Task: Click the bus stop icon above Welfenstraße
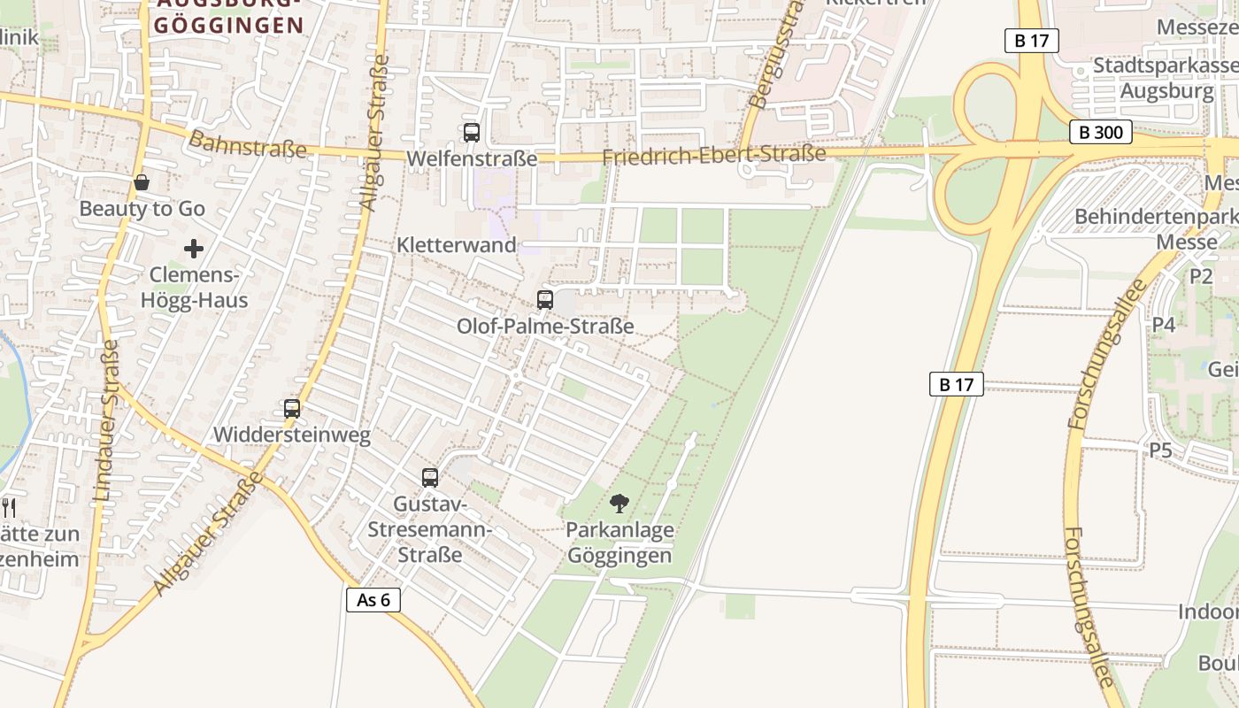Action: click(472, 133)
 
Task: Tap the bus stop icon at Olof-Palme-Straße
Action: click(545, 299)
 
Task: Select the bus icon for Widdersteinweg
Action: click(292, 409)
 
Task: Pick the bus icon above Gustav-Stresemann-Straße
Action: click(430, 478)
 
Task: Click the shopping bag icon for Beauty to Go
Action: click(142, 182)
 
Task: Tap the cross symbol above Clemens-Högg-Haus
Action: click(194, 249)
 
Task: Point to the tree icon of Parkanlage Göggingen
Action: click(619, 504)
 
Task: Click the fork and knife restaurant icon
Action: click(9, 507)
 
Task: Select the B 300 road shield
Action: click(1101, 133)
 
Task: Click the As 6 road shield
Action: click(373, 600)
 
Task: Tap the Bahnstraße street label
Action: click(248, 144)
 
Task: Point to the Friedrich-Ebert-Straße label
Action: click(713, 156)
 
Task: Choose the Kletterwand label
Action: click(457, 245)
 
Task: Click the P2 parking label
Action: click(1201, 276)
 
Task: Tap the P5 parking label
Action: click(1160, 450)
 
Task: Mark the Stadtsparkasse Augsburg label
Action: click(1166, 78)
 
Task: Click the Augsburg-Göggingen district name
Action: click(228, 18)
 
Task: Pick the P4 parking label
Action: click(1164, 325)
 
